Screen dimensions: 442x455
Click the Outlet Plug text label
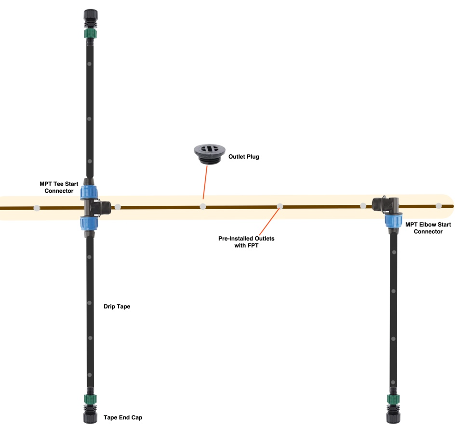[x=243, y=157]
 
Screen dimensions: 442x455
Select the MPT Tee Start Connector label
[x=59, y=188]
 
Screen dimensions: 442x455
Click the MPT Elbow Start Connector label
[x=424, y=228]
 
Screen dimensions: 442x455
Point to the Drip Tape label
[x=117, y=307]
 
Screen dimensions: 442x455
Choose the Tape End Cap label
[x=123, y=417]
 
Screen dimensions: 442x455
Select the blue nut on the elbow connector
[x=393, y=221]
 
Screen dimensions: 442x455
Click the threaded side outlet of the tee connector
[x=106, y=207]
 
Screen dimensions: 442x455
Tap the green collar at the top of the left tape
[x=90, y=34]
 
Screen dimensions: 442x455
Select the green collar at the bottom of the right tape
[x=393, y=400]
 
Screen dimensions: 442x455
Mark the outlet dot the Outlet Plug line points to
[x=203, y=206]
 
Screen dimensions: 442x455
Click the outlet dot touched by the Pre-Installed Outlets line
[x=280, y=206]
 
